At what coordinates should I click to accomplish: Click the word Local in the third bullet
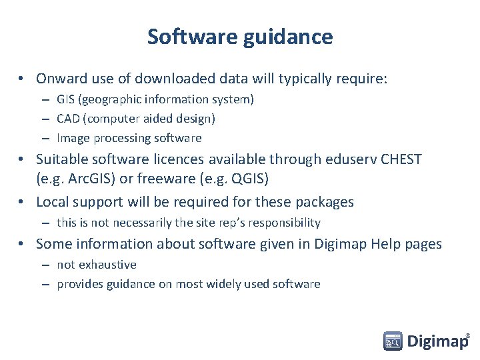53,202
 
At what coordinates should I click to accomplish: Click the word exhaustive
107,265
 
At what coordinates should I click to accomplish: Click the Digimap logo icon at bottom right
393,341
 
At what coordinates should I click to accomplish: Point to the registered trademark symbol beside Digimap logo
467,335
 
